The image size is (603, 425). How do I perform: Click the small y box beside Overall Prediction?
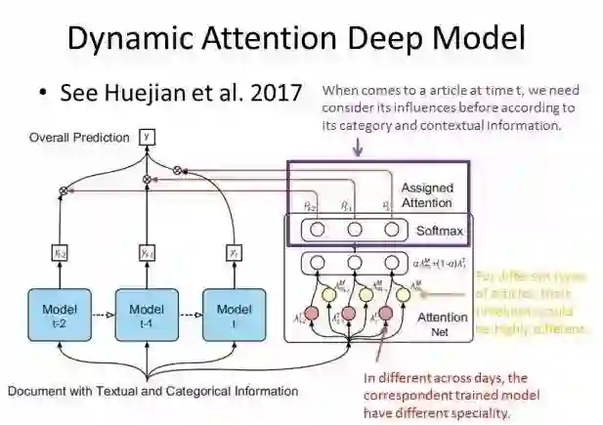148,137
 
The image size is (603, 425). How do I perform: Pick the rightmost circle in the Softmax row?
392,231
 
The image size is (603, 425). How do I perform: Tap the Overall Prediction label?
77,138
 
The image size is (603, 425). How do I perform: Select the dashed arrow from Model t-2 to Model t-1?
100,315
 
